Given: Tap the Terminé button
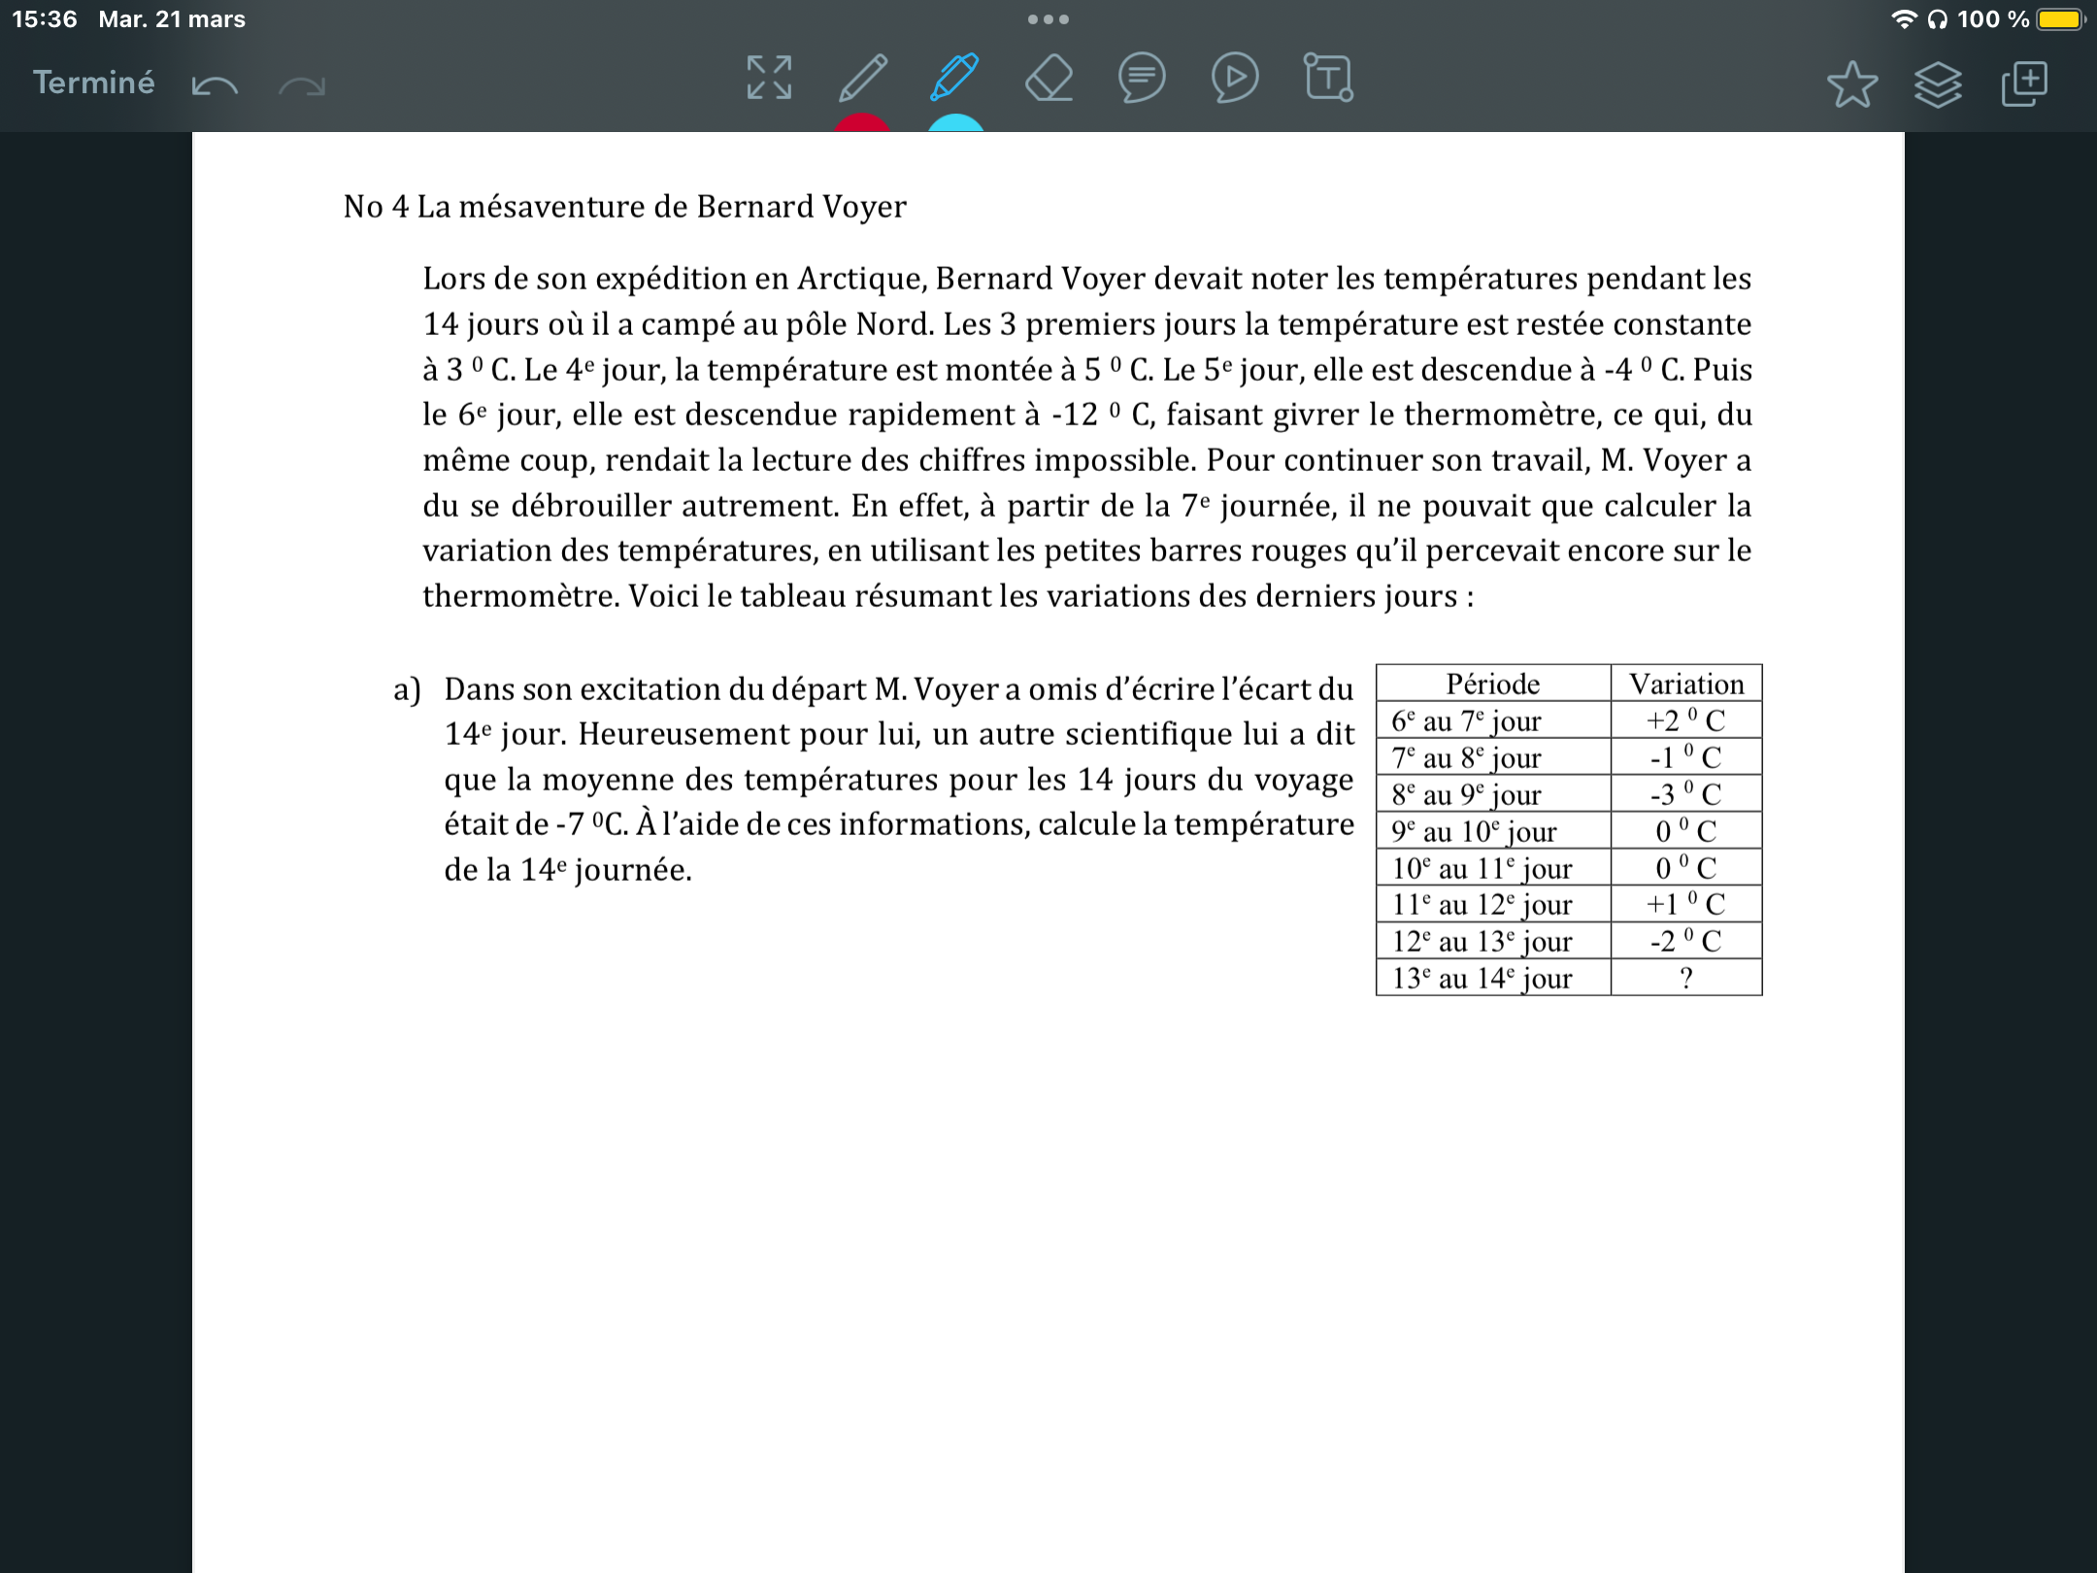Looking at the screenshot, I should click(93, 83).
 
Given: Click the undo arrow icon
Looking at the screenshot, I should click(215, 85).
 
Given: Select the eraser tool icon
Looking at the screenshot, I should click(1048, 79).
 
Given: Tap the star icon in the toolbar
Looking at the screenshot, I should click(1851, 84).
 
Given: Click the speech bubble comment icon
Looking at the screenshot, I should click(1142, 78).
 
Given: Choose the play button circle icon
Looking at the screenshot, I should click(1235, 78).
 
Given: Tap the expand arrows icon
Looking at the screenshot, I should click(769, 78).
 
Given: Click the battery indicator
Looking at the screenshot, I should click(2060, 19).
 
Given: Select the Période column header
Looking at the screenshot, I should click(1492, 684).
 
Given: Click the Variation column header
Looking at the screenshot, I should click(1686, 684).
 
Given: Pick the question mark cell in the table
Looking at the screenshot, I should click(1686, 978).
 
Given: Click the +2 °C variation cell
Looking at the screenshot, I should click(1686, 720).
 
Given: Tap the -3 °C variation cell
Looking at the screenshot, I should click(1686, 794).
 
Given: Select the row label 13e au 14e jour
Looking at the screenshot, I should click(1482, 978).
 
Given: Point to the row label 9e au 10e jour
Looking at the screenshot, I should click(1475, 831).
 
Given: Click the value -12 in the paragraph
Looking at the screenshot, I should click(1075, 415).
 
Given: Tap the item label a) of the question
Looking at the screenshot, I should click(407, 689).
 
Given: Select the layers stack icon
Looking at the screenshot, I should click(1937, 84).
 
